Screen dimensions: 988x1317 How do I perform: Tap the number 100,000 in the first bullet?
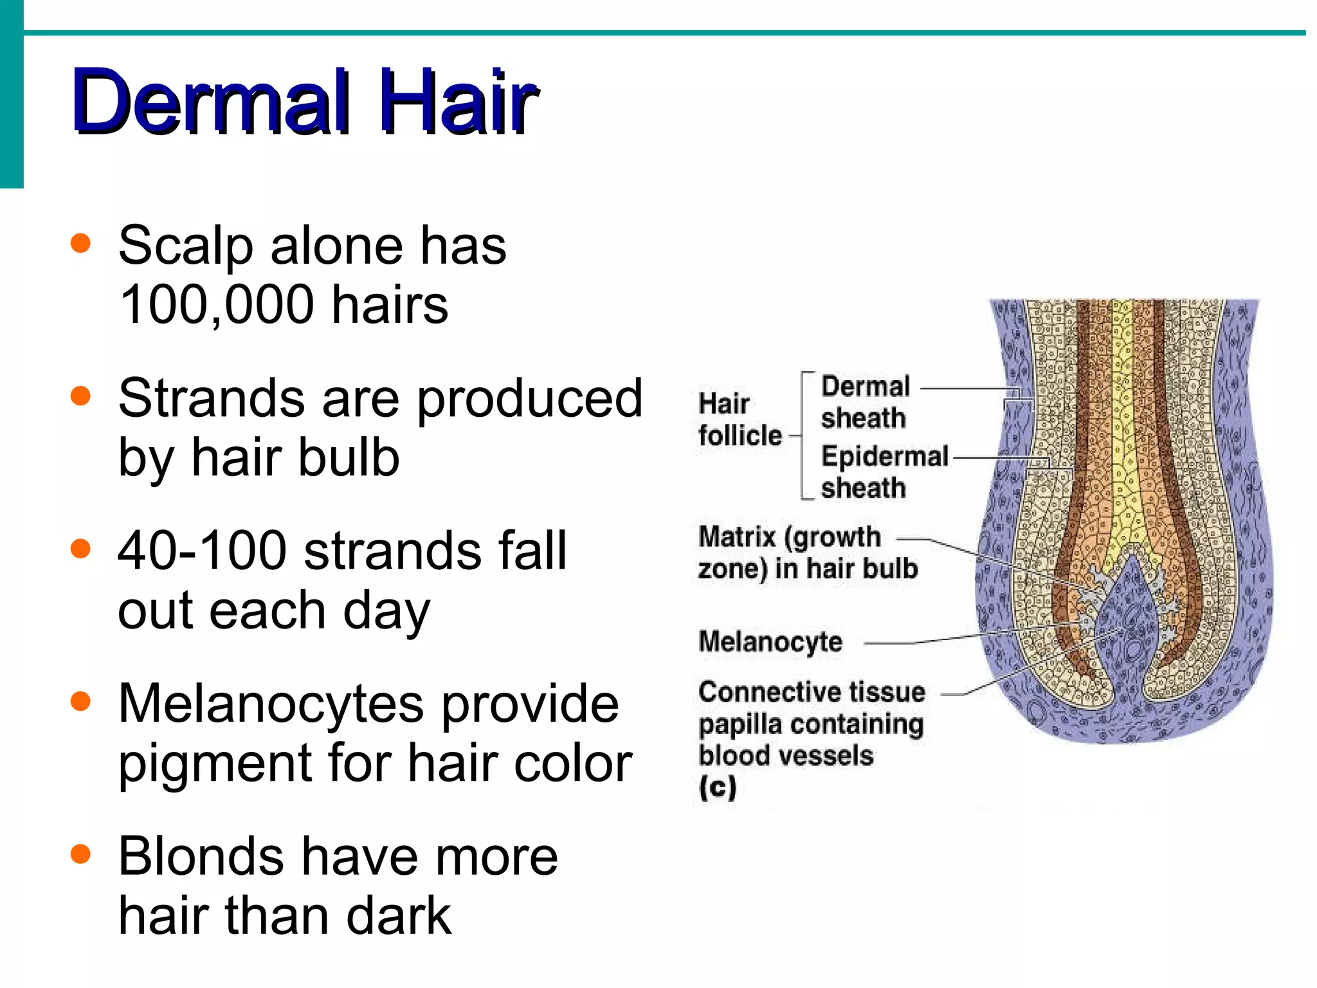[x=217, y=306]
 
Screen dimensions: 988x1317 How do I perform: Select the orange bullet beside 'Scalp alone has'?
[x=80, y=244]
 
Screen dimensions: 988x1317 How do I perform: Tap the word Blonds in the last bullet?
[x=201, y=857]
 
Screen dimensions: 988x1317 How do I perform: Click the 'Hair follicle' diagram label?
[x=740, y=419]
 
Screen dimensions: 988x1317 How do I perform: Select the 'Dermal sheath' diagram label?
[x=865, y=402]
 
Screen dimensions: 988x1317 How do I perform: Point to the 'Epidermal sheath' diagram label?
[x=884, y=471]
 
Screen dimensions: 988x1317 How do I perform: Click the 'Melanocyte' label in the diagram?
[x=770, y=641]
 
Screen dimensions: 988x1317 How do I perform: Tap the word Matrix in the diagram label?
[x=737, y=537]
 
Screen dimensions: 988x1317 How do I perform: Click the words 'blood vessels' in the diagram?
[x=786, y=756]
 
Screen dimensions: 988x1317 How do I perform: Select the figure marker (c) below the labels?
[x=718, y=787]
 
